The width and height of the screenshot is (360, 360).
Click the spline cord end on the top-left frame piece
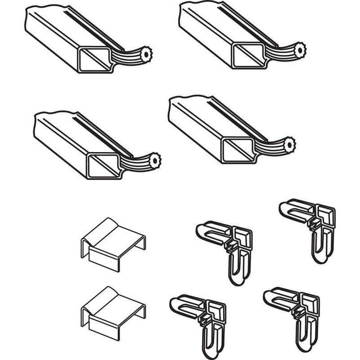[x=146, y=55]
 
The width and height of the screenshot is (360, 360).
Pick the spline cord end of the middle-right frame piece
[x=291, y=146]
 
